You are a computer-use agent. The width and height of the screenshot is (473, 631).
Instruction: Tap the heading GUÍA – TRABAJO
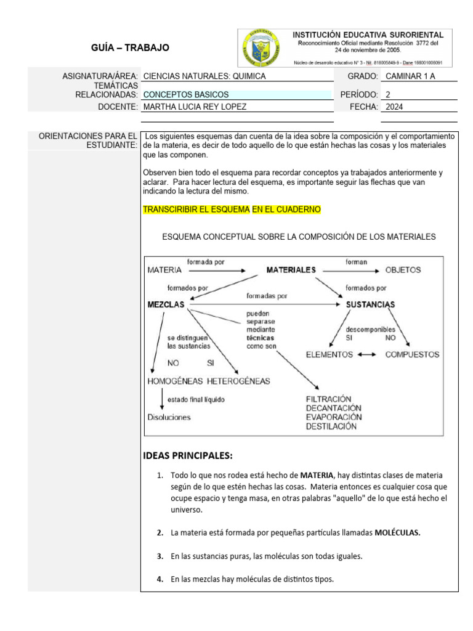tap(130, 47)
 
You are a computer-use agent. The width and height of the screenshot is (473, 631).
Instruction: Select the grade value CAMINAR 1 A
tap(409, 76)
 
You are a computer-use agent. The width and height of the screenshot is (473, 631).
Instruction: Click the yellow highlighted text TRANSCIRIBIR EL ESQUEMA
tap(196, 210)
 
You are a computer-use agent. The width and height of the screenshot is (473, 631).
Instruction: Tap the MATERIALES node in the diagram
tap(291, 270)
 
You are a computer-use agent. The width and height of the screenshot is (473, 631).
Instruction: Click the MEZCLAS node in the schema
tap(167, 304)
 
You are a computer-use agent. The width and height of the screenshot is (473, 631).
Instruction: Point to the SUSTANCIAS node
tap(370, 304)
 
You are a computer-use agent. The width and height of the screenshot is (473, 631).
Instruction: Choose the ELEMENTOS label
tap(329, 354)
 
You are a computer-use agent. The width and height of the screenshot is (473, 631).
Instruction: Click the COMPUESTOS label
tap(412, 354)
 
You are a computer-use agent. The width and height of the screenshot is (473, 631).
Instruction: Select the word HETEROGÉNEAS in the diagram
tap(238, 381)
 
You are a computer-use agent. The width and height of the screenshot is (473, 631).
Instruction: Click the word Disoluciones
tap(169, 417)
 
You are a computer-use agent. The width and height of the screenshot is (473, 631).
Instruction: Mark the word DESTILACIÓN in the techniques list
tap(332, 426)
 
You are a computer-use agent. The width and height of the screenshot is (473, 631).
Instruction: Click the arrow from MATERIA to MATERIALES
tap(217, 271)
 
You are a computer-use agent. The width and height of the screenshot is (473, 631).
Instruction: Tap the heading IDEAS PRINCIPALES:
tap(188, 456)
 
